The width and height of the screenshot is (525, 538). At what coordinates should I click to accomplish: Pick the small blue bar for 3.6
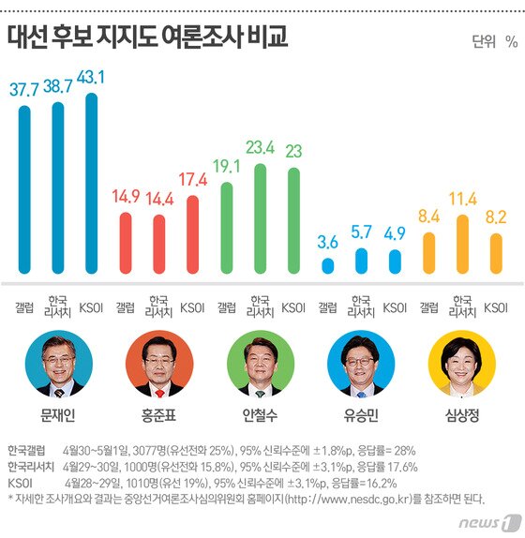(327, 266)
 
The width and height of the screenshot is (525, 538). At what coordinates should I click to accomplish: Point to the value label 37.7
(24, 89)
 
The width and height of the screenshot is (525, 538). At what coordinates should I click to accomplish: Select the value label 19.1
(226, 166)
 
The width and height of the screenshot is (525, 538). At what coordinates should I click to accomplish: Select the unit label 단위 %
(495, 41)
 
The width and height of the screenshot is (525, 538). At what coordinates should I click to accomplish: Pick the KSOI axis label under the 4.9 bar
(395, 306)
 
